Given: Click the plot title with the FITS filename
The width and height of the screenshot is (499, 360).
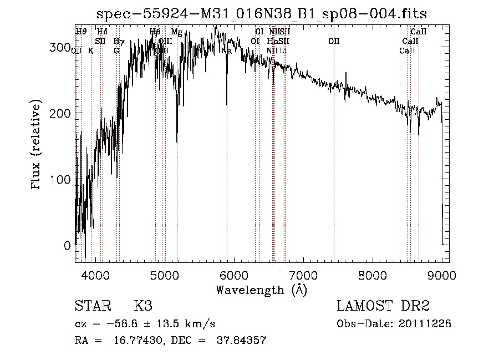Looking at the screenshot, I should [262, 13].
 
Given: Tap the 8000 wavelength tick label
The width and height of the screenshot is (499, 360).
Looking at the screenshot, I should [373, 274].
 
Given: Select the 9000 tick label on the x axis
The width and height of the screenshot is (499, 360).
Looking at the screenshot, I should [442, 274].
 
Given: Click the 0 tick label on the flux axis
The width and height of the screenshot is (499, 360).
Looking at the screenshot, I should [68, 246].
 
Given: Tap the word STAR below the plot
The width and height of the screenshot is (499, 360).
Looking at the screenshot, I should [93, 306].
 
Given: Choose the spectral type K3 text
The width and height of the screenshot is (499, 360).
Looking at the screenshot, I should [143, 306].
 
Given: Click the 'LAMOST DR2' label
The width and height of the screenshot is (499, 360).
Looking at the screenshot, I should [383, 306].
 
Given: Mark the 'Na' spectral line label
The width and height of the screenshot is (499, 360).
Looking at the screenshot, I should [226, 50].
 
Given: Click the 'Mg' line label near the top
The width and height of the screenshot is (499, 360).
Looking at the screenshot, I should [176, 32].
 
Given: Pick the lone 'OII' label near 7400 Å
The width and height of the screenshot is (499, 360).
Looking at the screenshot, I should [334, 41].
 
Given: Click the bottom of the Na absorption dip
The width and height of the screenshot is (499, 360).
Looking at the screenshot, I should [227, 104].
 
